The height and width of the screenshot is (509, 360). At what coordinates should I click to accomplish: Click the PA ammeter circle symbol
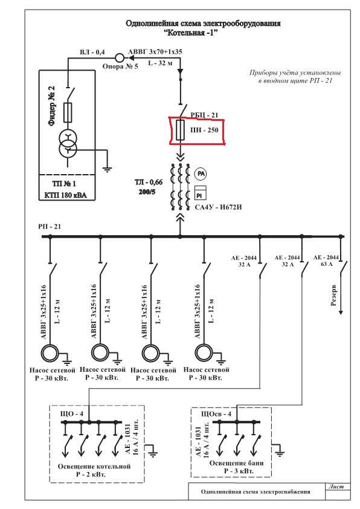pyautogui.click(x=201, y=174)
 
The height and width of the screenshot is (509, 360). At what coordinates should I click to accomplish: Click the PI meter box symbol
pyautogui.click(x=200, y=192)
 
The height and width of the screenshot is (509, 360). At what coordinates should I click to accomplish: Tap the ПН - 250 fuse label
pyautogui.click(x=204, y=130)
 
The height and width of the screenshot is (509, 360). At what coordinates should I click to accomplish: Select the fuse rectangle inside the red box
pyautogui.click(x=180, y=130)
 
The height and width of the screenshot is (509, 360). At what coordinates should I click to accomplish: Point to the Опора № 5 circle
pyautogui.click(x=120, y=58)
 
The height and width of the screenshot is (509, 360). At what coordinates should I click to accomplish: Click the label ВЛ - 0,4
pyautogui.click(x=92, y=52)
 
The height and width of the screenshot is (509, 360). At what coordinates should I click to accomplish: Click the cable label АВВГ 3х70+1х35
pyautogui.click(x=155, y=51)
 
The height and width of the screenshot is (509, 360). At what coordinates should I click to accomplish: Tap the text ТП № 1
pyautogui.click(x=64, y=184)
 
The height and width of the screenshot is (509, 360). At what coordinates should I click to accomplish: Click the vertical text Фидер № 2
pyautogui.click(x=51, y=106)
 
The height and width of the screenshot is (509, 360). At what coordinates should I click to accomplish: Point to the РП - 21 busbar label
pyautogui.click(x=50, y=227)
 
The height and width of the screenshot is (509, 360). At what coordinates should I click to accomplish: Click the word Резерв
pyautogui.click(x=333, y=296)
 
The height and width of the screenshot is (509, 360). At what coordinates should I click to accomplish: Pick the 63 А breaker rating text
pyautogui.click(x=327, y=264)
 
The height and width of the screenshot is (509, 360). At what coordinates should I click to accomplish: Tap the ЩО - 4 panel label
pyautogui.click(x=72, y=413)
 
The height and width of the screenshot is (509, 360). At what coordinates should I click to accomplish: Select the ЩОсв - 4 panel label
pyautogui.click(x=216, y=414)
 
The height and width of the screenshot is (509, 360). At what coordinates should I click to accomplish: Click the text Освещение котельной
pyautogui.click(x=94, y=467)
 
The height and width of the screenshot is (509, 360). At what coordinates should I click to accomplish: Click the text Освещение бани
pyautogui.click(x=236, y=463)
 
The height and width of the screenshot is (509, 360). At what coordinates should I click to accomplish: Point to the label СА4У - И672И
pyautogui.click(x=218, y=207)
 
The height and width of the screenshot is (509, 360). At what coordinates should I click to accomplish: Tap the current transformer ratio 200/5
pyautogui.click(x=147, y=192)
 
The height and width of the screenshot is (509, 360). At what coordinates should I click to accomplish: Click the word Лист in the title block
pyautogui.click(x=336, y=487)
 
